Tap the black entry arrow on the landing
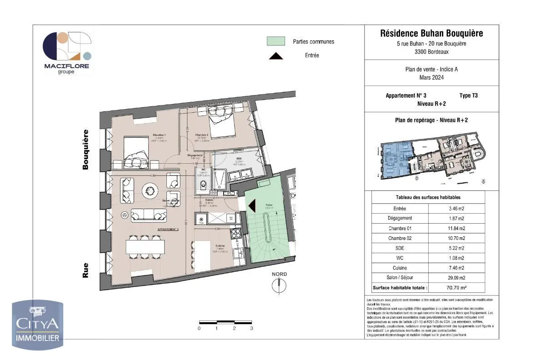(252, 205)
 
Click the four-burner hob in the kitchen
(236, 234)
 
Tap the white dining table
(145, 246)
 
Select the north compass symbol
(279, 285)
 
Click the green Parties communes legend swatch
(276, 41)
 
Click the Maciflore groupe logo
(66, 53)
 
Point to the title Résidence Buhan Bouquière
(431, 33)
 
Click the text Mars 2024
(431, 77)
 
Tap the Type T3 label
(469, 95)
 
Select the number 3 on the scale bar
(251, 328)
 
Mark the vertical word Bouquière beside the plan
(85, 150)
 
